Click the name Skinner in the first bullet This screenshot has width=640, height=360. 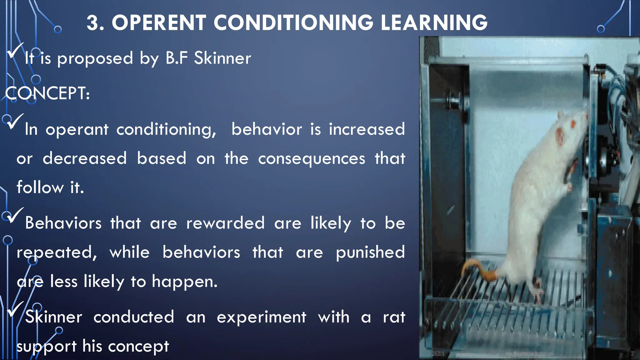(222, 58)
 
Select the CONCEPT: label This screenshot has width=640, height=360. (47, 93)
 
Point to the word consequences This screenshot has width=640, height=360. (311, 158)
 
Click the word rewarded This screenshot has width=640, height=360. (225, 223)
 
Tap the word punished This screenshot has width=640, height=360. (370, 252)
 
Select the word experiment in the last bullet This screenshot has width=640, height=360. (261, 317)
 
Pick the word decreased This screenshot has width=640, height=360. (85, 158)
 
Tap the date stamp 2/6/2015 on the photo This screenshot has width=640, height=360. (438, 354)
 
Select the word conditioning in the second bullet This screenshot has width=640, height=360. (166, 129)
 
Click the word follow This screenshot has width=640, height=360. (40, 187)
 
